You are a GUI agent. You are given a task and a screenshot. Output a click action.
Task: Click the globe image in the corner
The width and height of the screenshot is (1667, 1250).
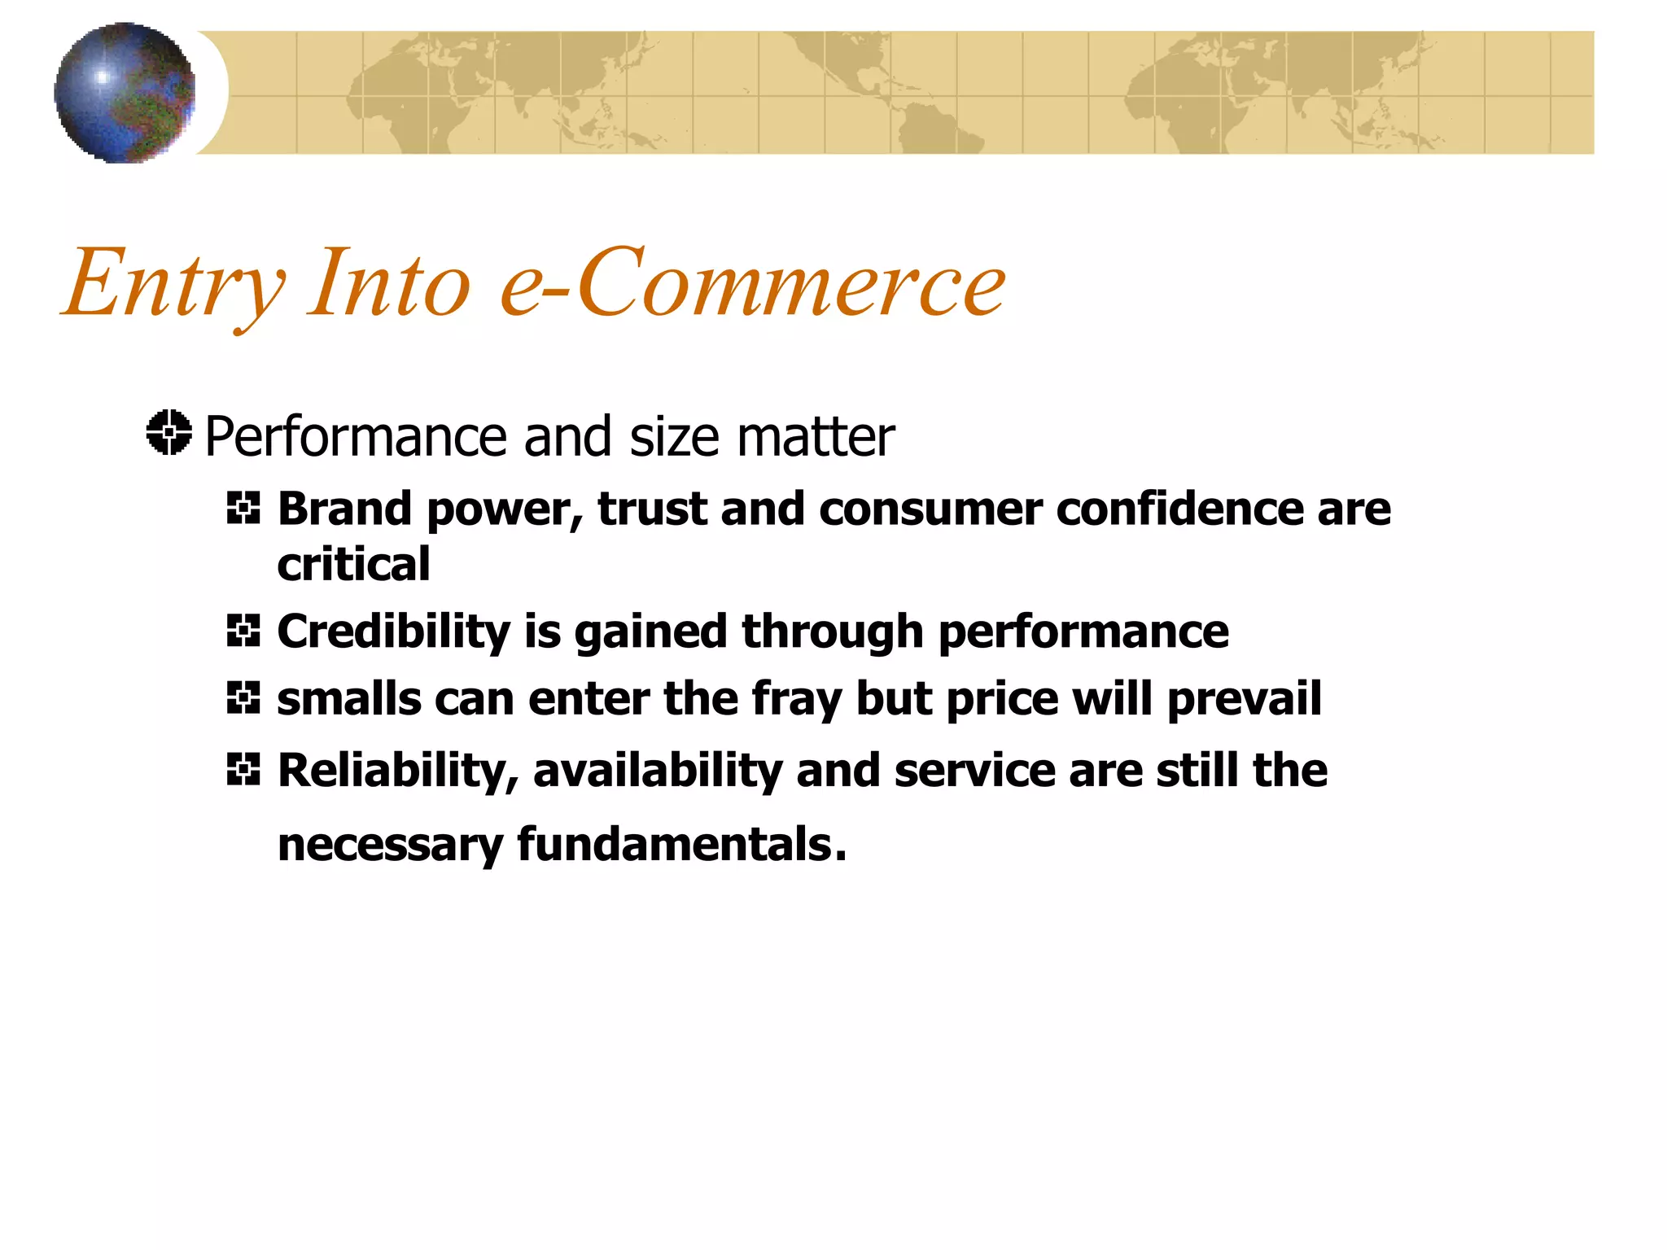[x=125, y=93]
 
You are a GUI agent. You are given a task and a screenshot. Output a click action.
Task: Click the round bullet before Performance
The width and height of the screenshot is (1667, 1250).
[x=169, y=433]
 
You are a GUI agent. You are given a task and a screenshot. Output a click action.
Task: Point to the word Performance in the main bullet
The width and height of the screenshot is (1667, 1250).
[x=355, y=437]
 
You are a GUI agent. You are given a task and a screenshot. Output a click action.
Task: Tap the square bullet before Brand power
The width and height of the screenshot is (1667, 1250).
[x=243, y=509]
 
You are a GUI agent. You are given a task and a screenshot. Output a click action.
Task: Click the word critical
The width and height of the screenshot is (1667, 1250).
[x=353, y=564]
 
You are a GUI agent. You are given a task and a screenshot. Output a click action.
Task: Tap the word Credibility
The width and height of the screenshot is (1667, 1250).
[x=393, y=632]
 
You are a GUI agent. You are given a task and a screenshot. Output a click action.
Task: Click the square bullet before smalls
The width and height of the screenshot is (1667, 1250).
[x=243, y=698]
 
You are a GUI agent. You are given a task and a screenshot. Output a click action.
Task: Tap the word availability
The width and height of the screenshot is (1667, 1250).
[x=657, y=771]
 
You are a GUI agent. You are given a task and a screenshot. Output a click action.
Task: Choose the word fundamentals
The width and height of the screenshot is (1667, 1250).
[x=680, y=844]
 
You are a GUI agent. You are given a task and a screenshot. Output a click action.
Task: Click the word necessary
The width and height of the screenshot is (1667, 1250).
[x=390, y=846]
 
